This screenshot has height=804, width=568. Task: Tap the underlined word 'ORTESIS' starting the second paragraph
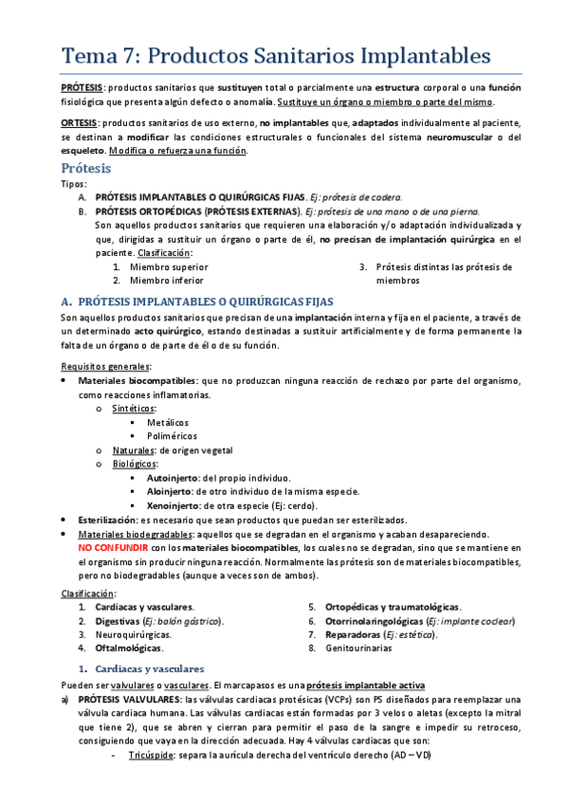coord(82,123)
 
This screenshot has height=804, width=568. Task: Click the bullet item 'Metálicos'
coord(168,422)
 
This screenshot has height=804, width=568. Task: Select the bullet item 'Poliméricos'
coord(172,436)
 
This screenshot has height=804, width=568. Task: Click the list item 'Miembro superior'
coord(169,267)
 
